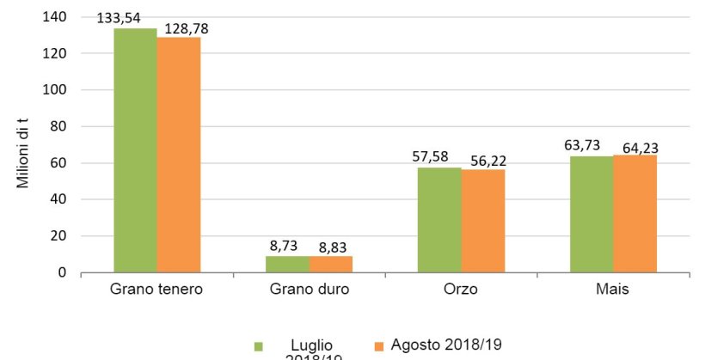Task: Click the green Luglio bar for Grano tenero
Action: (135, 150)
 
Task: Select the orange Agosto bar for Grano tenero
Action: (179, 155)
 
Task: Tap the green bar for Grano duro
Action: (287, 265)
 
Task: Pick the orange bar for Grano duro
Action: (331, 265)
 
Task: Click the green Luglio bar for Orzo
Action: (439, 220)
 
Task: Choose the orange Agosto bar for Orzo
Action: (483, 221)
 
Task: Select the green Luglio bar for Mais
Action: (592, 214)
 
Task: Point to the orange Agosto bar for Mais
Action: (635, 213)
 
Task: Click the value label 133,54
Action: (119, 18)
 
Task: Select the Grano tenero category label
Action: (156, 290)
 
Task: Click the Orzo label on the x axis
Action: (461, 290)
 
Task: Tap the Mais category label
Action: (613, 290)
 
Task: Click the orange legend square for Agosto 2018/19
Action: (377, 345)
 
